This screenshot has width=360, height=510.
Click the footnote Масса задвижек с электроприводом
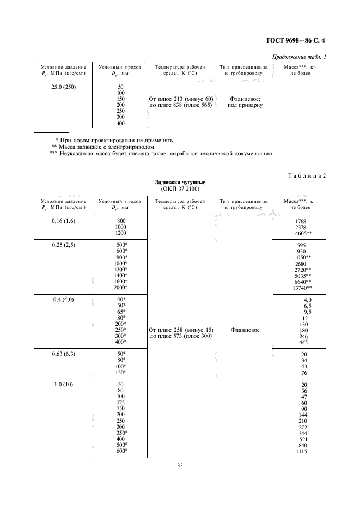tap(106, 147)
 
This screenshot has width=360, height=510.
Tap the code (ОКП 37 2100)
tap(180, 189)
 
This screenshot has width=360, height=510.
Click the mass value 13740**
tap(302, 287)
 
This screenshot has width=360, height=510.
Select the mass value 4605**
tap(302, 233)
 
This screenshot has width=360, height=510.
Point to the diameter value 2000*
tap(120, 287)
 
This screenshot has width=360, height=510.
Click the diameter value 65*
tap(121, 312)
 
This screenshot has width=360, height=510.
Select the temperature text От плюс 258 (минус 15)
tap(181, 330)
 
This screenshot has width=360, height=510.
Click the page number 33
tap(180, 465)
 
